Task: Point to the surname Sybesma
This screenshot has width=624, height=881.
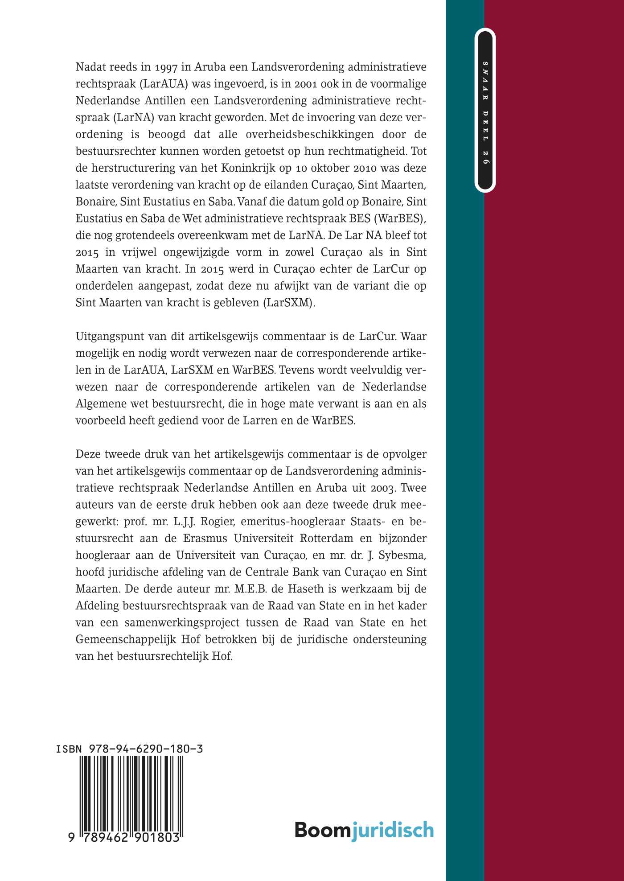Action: (x=402, y=556)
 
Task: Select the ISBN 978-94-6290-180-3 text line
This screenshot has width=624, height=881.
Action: (x=129, y=749)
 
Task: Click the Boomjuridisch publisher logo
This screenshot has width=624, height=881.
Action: (x=364, y=830)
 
